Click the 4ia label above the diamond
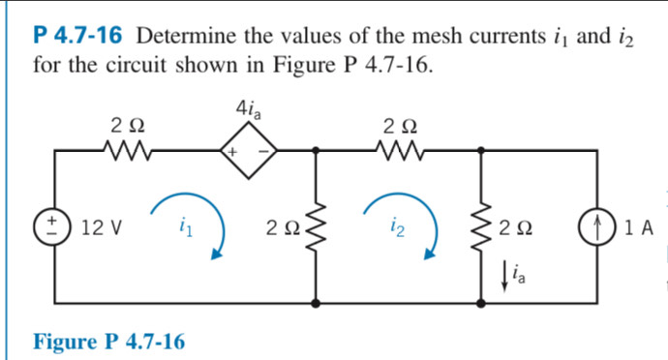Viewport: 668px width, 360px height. coord(248,108)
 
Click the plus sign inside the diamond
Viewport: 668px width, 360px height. coord(233,153)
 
